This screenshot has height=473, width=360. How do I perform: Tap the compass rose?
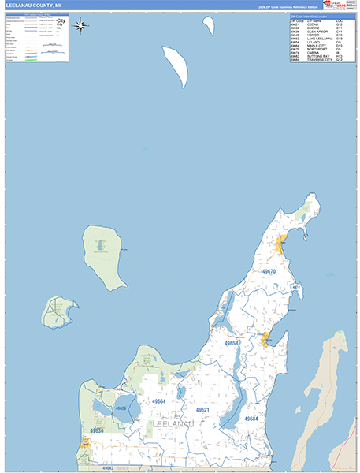pos(81,26)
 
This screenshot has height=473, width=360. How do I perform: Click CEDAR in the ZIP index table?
pos(314,24)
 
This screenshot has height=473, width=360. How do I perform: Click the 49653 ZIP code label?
pos(232,344)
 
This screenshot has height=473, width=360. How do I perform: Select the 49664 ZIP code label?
pos(159,401)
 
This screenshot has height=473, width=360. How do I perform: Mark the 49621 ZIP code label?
pos(202,410)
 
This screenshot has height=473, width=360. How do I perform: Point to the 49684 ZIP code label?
pos(251,419)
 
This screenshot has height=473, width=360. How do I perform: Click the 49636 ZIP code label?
pos(121,408)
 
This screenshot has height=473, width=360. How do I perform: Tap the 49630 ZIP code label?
pos(96,431)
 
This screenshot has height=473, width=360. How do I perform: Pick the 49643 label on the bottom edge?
pos(108,468)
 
